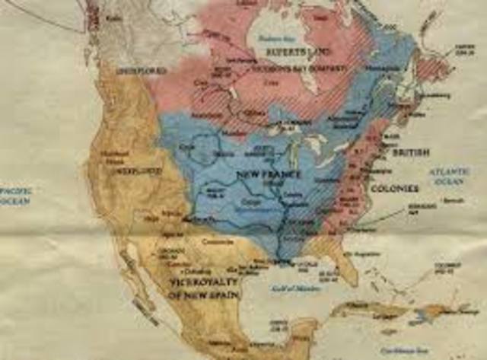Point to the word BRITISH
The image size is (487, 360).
(411, 153)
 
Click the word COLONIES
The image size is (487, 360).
(395, 187)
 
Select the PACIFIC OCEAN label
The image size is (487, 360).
(14, 195)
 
